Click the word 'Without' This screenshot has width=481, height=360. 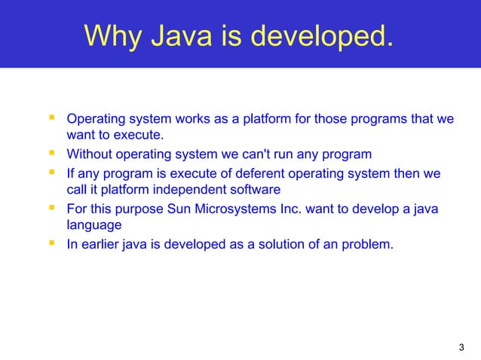89,155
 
